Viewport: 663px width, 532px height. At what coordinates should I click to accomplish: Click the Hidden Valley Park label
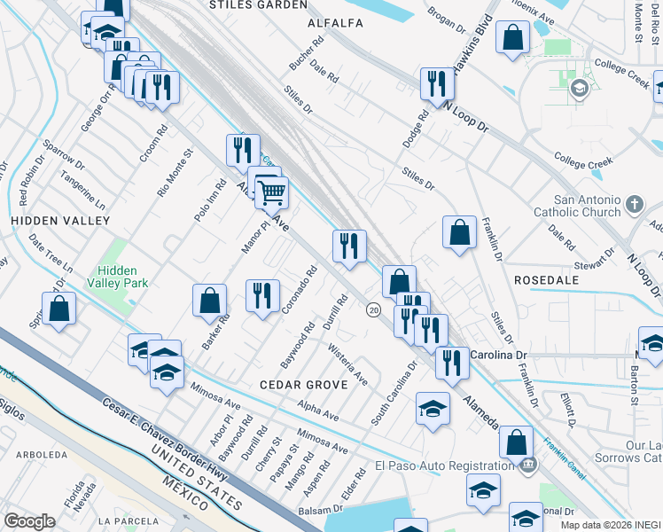click(123, 277)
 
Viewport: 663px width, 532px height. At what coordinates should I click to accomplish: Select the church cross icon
click(634, 206)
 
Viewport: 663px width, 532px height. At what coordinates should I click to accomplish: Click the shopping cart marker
click(272, 191)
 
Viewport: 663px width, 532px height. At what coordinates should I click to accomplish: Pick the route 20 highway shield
click(373, 309)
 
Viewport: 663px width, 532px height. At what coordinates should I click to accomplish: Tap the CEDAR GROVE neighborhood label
click(295, 385)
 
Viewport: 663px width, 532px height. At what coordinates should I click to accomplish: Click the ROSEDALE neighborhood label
click(545, 280)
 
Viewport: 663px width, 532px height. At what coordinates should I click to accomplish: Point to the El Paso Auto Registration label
click(444, 465)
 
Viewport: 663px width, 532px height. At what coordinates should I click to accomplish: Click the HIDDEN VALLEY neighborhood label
click(60, 220)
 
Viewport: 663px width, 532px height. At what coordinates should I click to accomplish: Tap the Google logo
click(29, 521)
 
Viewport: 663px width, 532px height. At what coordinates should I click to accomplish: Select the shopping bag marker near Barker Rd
click(210, 300)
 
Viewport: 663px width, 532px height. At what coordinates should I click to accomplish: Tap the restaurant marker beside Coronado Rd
click(262, 295)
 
